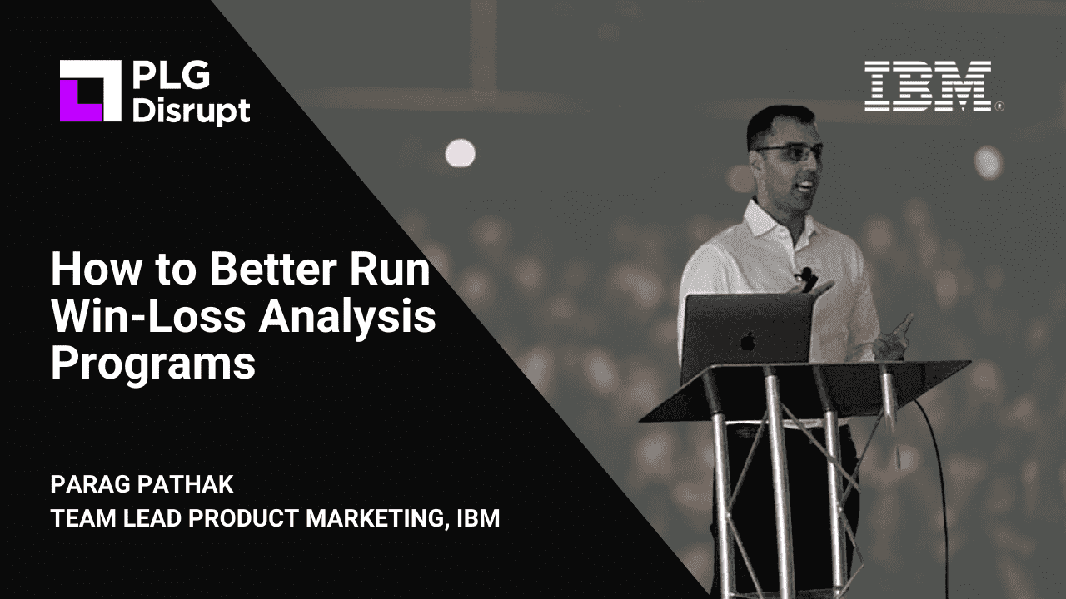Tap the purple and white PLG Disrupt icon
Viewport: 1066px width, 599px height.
91,91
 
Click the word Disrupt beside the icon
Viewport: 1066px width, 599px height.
192,111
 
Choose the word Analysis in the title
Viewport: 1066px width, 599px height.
347,319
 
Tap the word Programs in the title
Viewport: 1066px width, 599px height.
153,365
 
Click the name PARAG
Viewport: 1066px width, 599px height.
90,484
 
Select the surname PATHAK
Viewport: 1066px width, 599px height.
186,484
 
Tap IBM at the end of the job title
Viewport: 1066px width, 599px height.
478,518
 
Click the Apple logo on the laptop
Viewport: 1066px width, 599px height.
748,340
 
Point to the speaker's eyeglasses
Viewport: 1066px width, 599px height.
790,153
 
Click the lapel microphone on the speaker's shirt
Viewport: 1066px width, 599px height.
806,274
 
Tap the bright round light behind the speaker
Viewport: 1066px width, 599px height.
460,153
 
